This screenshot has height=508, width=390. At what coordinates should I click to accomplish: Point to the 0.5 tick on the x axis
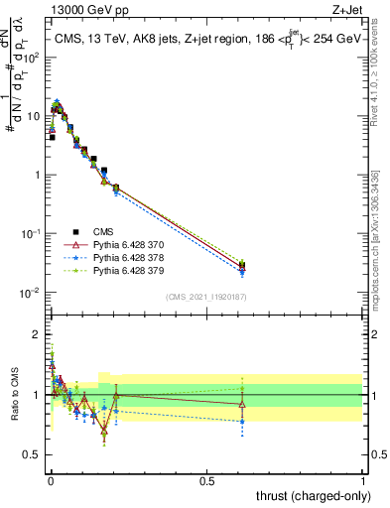206,481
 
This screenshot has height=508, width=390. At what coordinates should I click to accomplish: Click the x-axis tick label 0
50,481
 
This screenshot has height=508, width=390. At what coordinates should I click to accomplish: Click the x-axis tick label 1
363,481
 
